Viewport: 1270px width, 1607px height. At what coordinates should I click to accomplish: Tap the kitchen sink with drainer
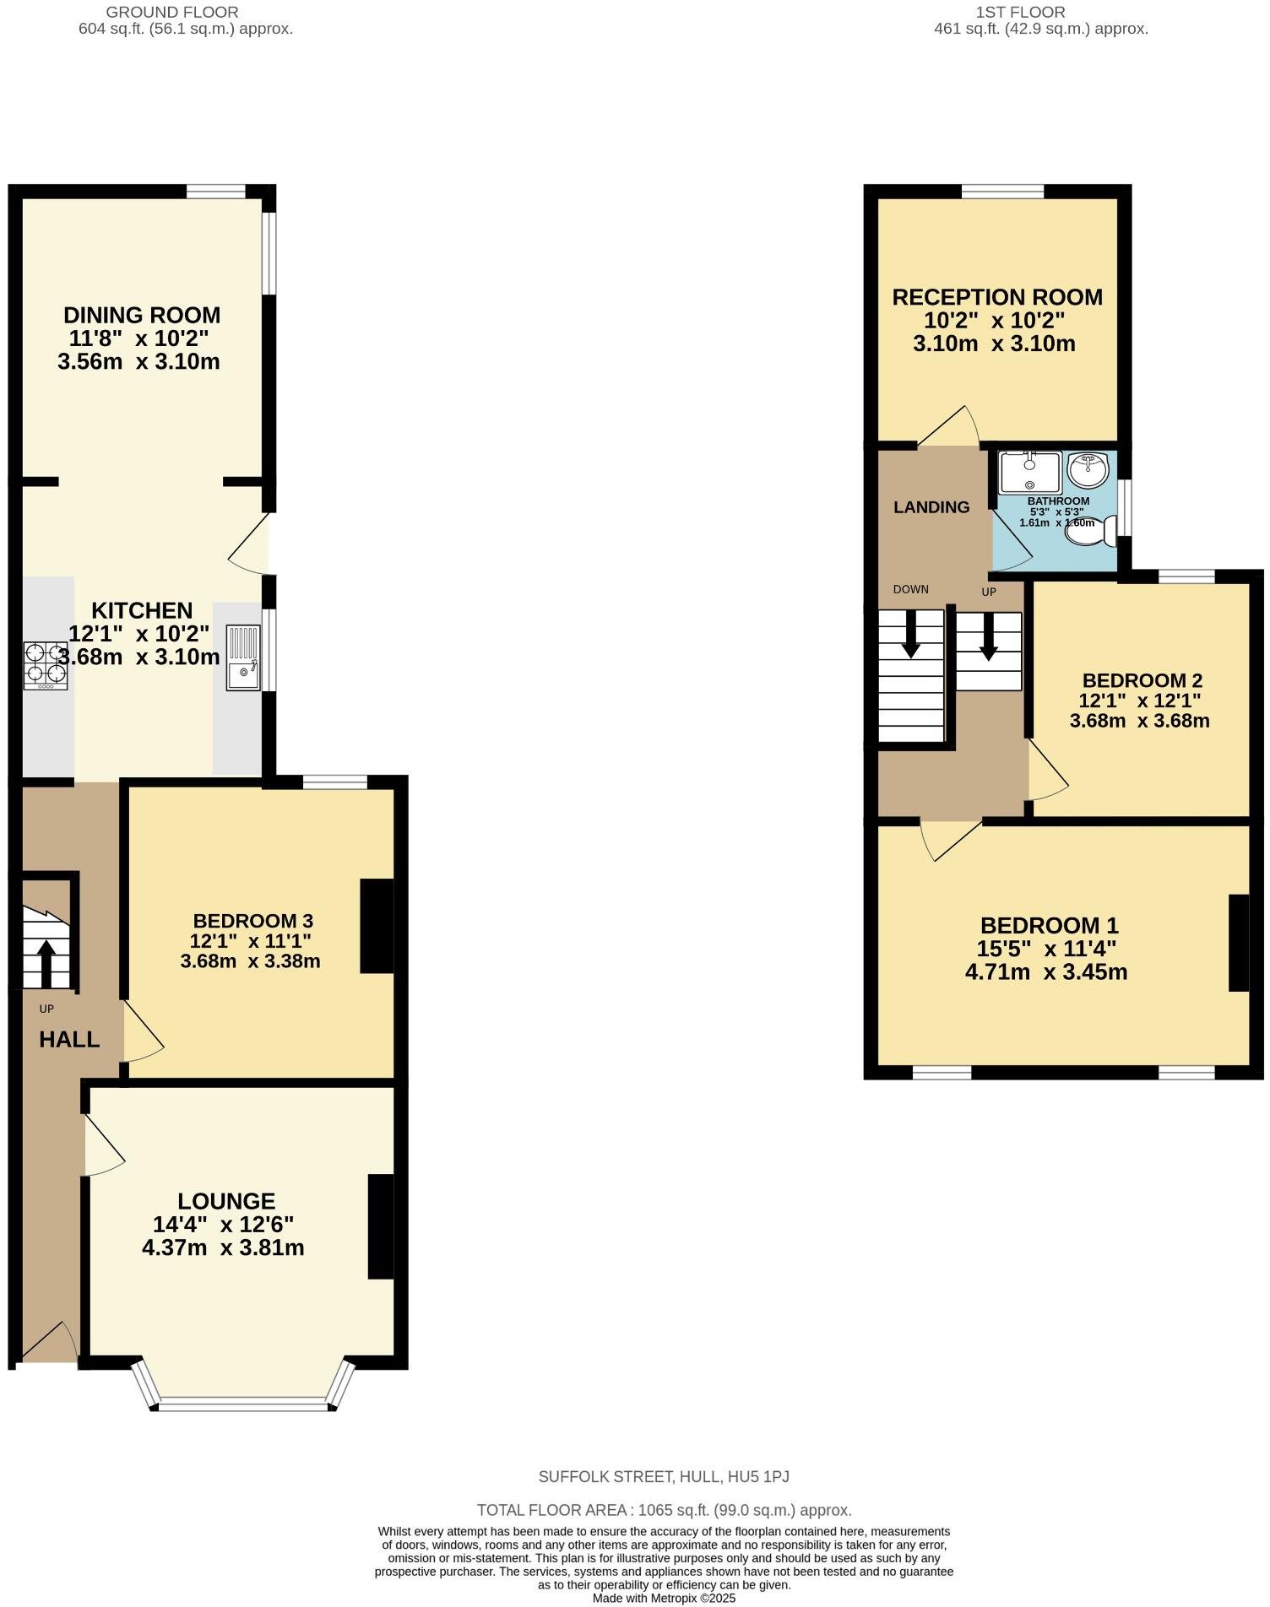click(243, 657)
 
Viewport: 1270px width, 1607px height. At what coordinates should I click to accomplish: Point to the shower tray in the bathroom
click(1029, 473)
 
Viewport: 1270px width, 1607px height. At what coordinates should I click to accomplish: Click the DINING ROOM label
click(142, 316)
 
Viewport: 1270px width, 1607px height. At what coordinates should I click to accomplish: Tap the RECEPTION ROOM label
click(997, 297)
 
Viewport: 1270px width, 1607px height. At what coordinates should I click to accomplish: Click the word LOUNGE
click(226, 1201)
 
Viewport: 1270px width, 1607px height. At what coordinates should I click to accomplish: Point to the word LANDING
click(931, 507)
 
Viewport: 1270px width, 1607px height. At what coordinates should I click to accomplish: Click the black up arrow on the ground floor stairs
click(46, 962)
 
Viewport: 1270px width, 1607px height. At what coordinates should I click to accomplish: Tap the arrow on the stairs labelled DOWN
click(911, 633)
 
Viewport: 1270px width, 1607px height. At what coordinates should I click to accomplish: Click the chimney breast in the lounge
click(381, 1226)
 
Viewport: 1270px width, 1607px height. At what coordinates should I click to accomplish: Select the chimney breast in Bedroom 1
click(1238, 942)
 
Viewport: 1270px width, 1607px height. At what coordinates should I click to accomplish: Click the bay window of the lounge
click(243, 1404)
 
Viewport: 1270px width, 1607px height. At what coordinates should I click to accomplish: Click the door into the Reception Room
click(949, 428)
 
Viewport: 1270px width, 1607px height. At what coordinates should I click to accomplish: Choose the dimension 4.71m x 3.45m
click(1046, 971)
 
